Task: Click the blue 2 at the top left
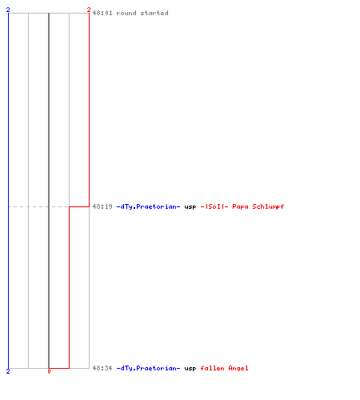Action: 8,10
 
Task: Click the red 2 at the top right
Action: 89,10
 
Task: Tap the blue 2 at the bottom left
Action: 8,371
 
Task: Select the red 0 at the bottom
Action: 49,371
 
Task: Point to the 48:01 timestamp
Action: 102,13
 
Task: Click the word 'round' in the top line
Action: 126,13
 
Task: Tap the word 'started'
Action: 154,13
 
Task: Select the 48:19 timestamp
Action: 102,206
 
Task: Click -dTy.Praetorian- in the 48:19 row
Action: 148,206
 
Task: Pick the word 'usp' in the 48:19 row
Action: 190,207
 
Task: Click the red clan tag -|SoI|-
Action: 214,206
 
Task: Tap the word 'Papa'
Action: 240,206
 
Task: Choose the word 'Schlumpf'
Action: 268,206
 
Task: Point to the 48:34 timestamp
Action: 102,368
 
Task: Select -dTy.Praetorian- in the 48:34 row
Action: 148,368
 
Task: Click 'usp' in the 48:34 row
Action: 190,369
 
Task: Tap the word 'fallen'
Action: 212,368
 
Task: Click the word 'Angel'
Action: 238,368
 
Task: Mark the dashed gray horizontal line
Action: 38,206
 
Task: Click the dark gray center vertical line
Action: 49,190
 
